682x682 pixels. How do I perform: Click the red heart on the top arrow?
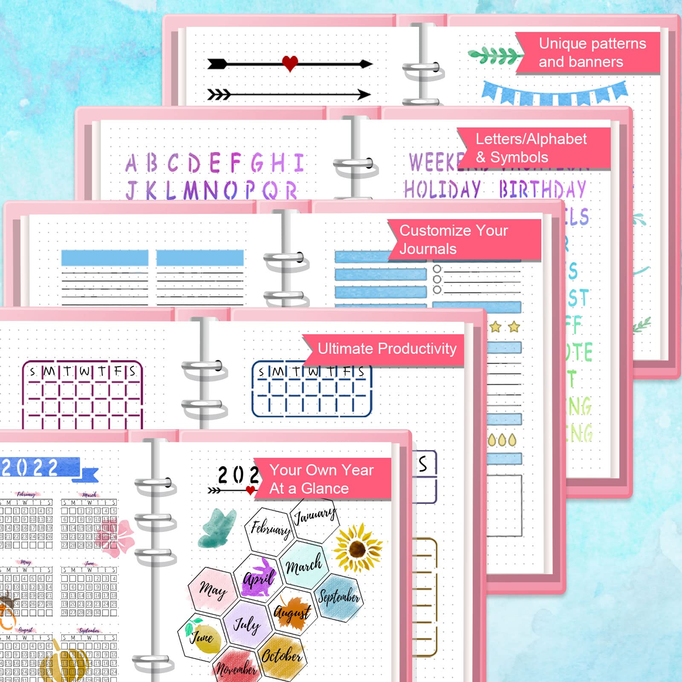coord(290,64)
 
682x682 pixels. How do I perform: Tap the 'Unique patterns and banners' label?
coord(590,53)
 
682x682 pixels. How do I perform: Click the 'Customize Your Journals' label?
coord(462,240)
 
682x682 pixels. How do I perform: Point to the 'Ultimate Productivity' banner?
coord(386,349)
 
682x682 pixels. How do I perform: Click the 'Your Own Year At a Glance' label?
coord(322,479)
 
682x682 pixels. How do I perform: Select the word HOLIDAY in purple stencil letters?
coord(442,189)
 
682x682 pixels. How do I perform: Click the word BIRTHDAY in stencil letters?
coord(542,189)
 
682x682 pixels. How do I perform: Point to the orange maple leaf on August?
coord(292,613)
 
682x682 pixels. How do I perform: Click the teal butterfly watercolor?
coord(217,528)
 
